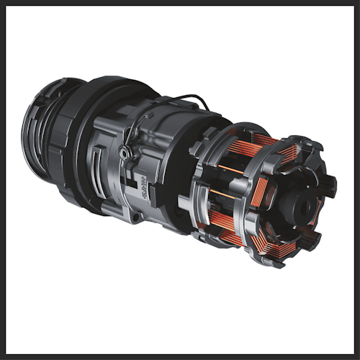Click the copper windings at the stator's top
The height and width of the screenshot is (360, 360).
pos(266,140)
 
